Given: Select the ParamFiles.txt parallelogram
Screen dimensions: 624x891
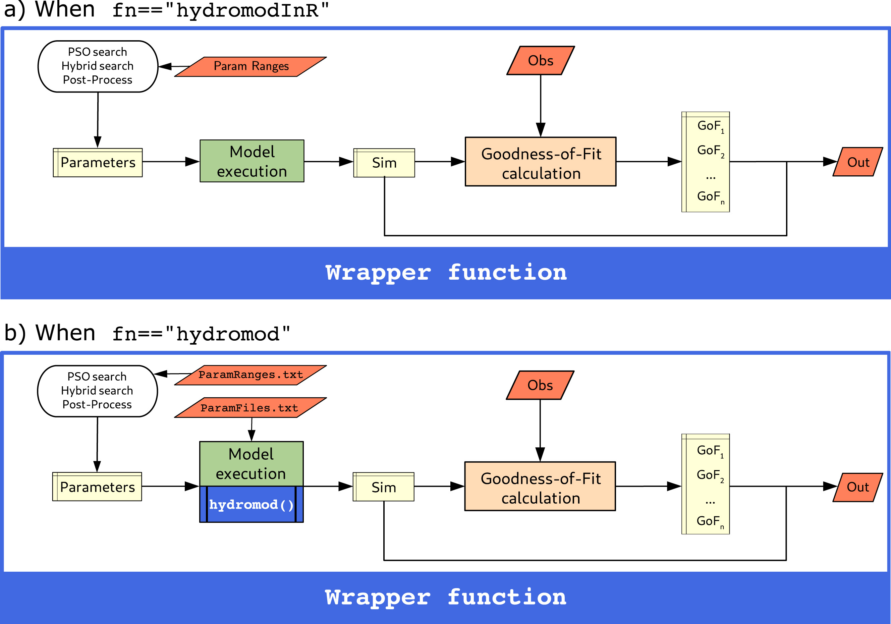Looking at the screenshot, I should click(250, 407).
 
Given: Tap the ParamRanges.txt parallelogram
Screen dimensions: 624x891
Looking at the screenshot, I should click(250, 375).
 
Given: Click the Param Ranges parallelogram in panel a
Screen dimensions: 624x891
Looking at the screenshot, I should click(251, 66).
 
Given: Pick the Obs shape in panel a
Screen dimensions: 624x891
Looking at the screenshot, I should click(541, 61).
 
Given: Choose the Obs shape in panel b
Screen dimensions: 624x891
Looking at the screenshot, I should click(540, 385).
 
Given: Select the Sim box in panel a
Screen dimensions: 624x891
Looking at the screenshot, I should click(384, 163).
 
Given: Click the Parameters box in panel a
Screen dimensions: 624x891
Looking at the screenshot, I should click(98, 162).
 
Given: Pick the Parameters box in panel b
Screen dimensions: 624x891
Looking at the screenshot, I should click(97, 487).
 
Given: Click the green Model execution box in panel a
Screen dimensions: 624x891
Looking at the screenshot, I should click(252, 161).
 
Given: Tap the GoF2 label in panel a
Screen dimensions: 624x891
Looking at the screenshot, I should click(710, 150).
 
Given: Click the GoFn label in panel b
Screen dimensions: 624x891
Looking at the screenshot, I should click(709, 521).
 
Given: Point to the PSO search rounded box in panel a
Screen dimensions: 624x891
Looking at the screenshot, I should click(98, 66).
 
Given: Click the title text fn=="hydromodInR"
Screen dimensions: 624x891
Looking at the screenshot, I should click(220, 10).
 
